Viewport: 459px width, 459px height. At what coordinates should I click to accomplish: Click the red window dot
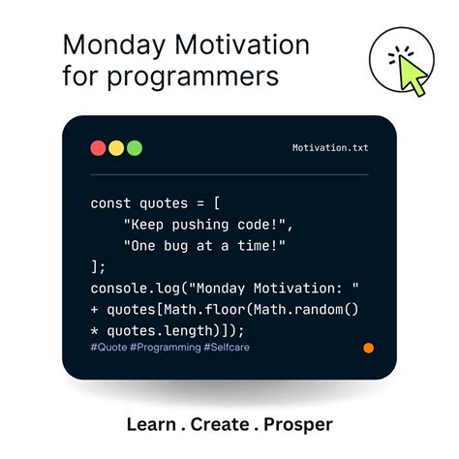tap(98, 148)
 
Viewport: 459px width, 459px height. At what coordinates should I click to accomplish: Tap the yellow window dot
tap(116, 148)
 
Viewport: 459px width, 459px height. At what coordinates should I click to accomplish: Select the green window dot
tap(134, 148)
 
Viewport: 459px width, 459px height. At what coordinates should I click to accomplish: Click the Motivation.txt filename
tap(330, 148)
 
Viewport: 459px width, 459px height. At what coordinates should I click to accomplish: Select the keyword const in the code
tap(109, 203)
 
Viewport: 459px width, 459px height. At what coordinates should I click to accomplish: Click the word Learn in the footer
tap(151, 424)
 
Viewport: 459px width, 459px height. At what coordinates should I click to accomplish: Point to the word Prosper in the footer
tap(298, 424)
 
